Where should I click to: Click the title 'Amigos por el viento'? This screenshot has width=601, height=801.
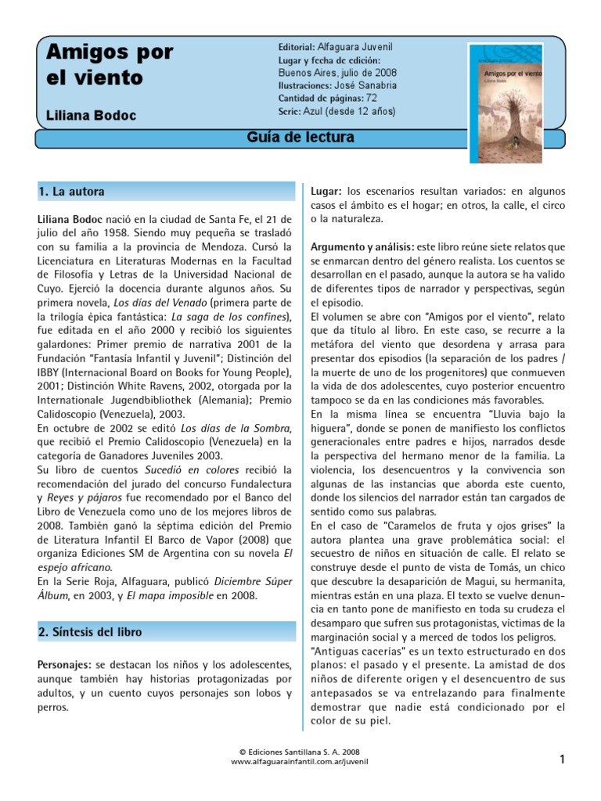[110, 65]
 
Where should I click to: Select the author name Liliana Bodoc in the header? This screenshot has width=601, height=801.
[91, 116]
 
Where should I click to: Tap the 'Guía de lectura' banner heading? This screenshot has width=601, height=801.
[300, 138]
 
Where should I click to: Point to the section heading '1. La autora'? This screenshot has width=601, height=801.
[71, 191]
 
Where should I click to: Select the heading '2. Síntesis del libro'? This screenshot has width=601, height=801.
[91, 631]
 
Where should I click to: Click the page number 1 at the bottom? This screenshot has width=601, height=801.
[562, 758]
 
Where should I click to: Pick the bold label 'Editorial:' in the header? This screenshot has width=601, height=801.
[297, 47]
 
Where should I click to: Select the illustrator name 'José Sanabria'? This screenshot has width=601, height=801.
[367, 85]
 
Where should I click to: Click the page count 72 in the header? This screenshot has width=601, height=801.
[372, 98]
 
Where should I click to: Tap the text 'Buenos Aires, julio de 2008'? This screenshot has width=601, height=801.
[336, 73]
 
